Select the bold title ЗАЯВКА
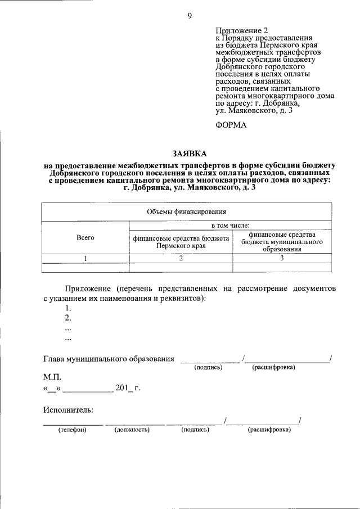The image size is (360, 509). pyautogui.click(x=190, y=153)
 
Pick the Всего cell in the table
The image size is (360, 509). pyautogui.click(x=85, y=238)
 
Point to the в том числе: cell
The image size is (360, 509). pyautogui.click(x=230, y=225)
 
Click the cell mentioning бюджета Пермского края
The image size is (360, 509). pyautogui.click(x=181, y=242)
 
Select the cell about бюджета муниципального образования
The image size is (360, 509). pyautogui.click(x=282, y=242)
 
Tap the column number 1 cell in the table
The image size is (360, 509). pyautogui.click(x=85, y=258)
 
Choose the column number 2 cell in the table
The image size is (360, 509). pyautogui.click(x=181, y=258)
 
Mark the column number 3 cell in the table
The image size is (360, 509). pyautogui.click(x=282, y=258)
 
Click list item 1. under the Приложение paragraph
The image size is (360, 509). pyautogui.click(x=68, y=308)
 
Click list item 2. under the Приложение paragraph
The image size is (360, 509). pyautogui.click(x=68, y=318)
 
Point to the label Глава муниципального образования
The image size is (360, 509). pyautogui.click(x=109, y=358)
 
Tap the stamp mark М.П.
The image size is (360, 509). pyautogui.click(x=52, y=377)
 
